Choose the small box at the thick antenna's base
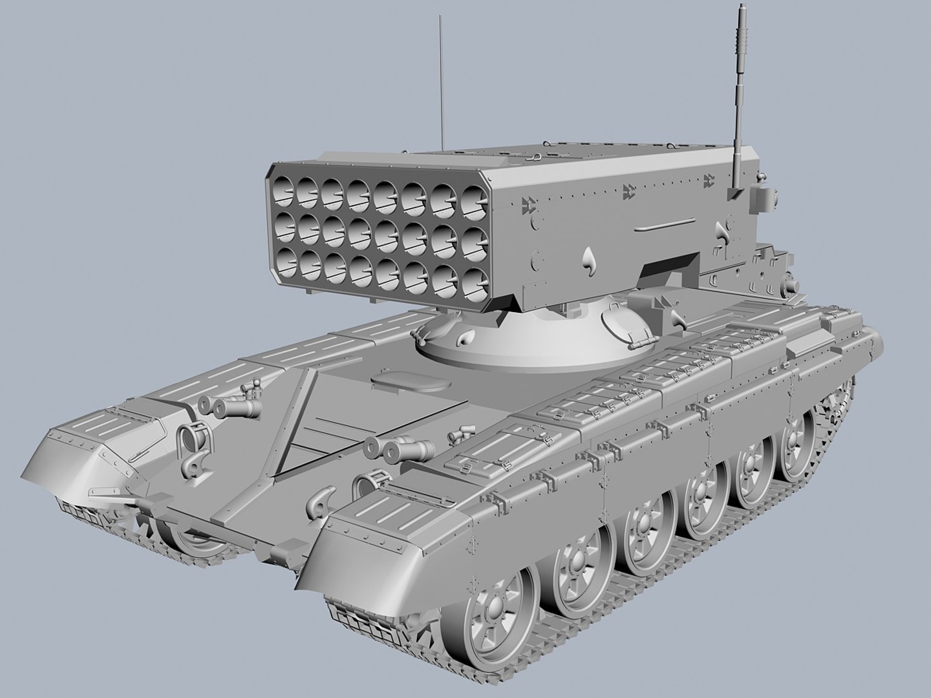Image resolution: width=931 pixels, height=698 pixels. click(x=736, y=194)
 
